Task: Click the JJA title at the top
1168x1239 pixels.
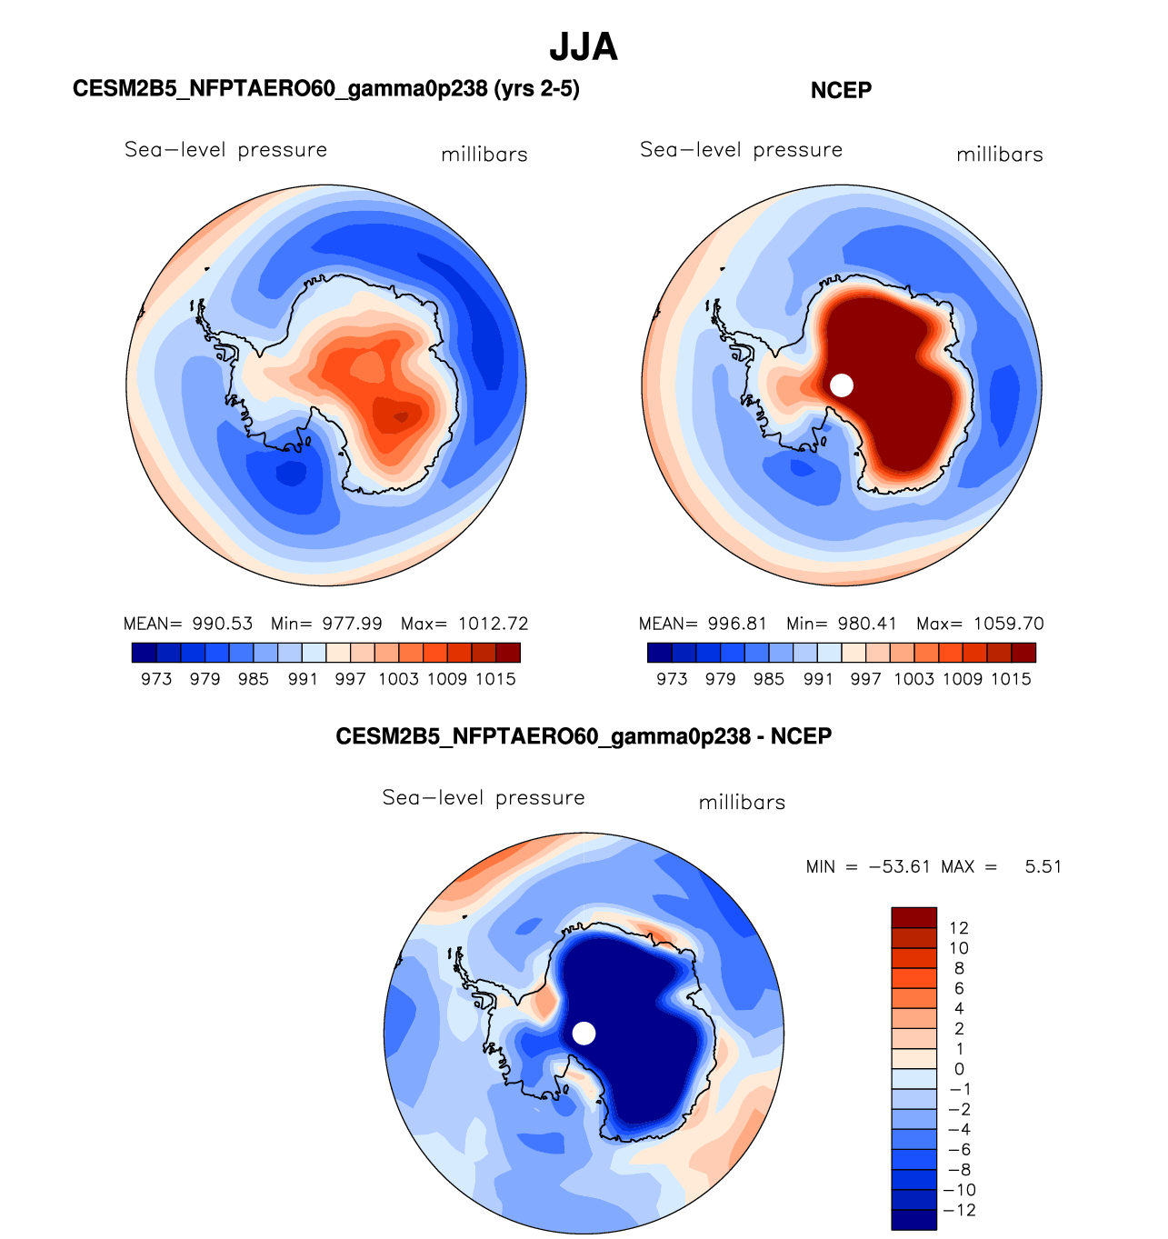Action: pos(584,47)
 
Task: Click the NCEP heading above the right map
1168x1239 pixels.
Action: pos(841,90)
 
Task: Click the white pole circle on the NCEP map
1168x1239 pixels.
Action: pos(842,385)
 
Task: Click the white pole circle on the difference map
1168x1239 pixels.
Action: pos(584,1034)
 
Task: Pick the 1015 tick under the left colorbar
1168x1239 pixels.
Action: pos(495,679)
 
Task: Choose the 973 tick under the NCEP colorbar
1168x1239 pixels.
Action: pos(672,679)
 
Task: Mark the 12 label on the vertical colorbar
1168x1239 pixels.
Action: pos(958,928)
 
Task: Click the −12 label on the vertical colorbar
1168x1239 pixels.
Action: pos(962,1210)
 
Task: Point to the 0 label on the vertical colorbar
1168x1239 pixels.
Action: pos(959,1069)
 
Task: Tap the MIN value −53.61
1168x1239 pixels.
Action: pos(900,866)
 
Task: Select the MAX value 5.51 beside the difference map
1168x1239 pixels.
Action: pos(1043,866)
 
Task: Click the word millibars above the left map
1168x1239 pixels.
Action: pos(484,155)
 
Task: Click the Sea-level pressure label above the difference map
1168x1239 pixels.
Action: pos(484,798)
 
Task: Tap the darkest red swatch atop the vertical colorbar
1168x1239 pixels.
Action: pos(913,917)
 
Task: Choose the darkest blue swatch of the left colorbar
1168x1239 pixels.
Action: pos(144,653)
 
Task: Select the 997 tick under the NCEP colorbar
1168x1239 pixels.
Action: pos(865,679)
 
